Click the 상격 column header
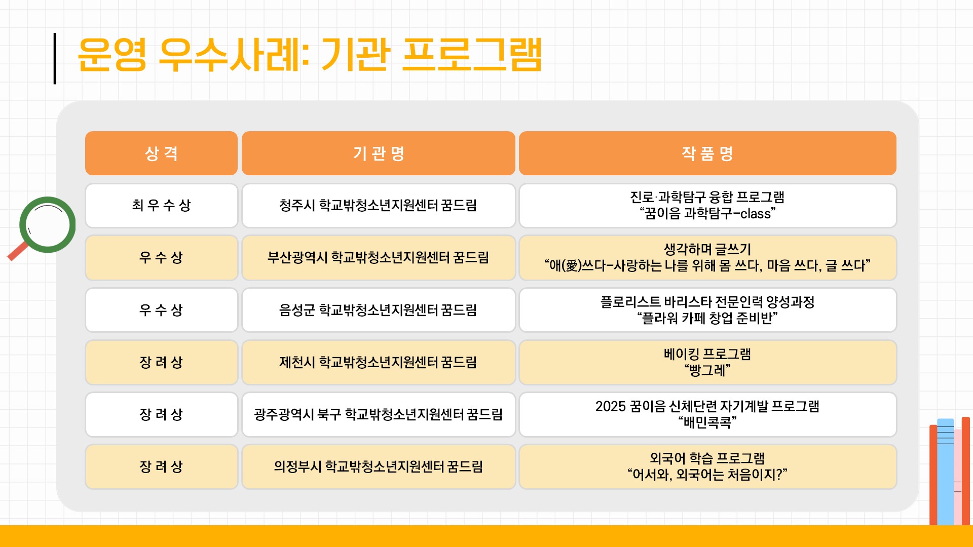pos(161,153)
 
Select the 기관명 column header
pos(379,153)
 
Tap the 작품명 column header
pos(707,153)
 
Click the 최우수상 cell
pos(161,205)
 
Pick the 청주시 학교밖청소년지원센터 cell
pos(379,205)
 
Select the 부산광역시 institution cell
pos(379,257)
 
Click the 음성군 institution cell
pos(379,310)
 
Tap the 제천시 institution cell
pos(379,362)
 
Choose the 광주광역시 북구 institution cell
pos(379,414)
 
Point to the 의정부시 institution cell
pos(379,466)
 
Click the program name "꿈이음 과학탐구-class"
pos(707,214)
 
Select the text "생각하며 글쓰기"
pos(707,249)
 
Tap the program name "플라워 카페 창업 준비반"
pos(707,318)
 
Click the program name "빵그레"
pos(707,370)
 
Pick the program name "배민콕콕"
pos(707,422)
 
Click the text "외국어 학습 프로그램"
pos(707,458)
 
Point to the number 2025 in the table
pos(611,406)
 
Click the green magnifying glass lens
pos(48,224)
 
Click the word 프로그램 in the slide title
pos(472,54)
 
